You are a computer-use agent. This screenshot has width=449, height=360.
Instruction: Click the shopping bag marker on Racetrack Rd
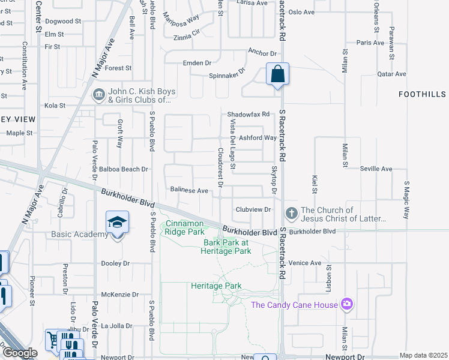pyautogui.click(x=278, y=75)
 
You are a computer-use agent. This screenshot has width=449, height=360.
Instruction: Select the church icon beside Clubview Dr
pyautogui.click(x=291, y=214)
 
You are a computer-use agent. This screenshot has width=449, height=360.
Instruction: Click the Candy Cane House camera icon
pyautogui.click(x=346, y=305)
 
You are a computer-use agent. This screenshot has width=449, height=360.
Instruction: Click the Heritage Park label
pyautogui.click(x=216, y=286)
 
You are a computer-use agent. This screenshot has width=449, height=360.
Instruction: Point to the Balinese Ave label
pyautogui.click(x=189, y=191)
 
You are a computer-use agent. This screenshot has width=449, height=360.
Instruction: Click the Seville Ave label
pyautogui.click(x=376, y=169)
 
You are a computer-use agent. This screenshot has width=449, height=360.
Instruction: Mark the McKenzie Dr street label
pyautogui.click(x=119, y=295)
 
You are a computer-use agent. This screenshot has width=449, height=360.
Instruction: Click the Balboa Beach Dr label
pyautogui.click(x=123, y=170)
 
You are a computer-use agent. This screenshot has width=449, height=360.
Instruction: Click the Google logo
pyautogui.click(x=19, y=353)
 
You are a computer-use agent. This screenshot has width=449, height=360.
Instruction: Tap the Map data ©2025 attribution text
pyautogui.click(x=424, y=355)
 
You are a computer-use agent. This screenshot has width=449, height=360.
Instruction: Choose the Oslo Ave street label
pyautogui.click(x=301, y=12)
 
